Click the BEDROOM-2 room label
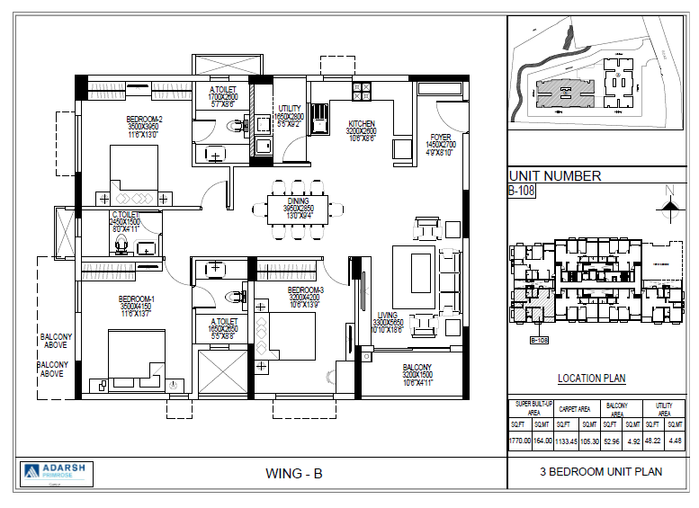pos(144,120)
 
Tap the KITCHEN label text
pos(361,124)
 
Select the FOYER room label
pos(441,138)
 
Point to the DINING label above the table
pos(297,201)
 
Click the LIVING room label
pos(388,316)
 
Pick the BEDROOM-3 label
pos(306,290)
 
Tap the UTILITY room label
pos(290,109)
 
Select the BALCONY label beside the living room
pos(417,367)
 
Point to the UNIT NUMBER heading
pos(555,176)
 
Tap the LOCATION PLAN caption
pos(591,379)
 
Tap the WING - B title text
pos(294,473)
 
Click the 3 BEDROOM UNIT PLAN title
pos(601,471)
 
